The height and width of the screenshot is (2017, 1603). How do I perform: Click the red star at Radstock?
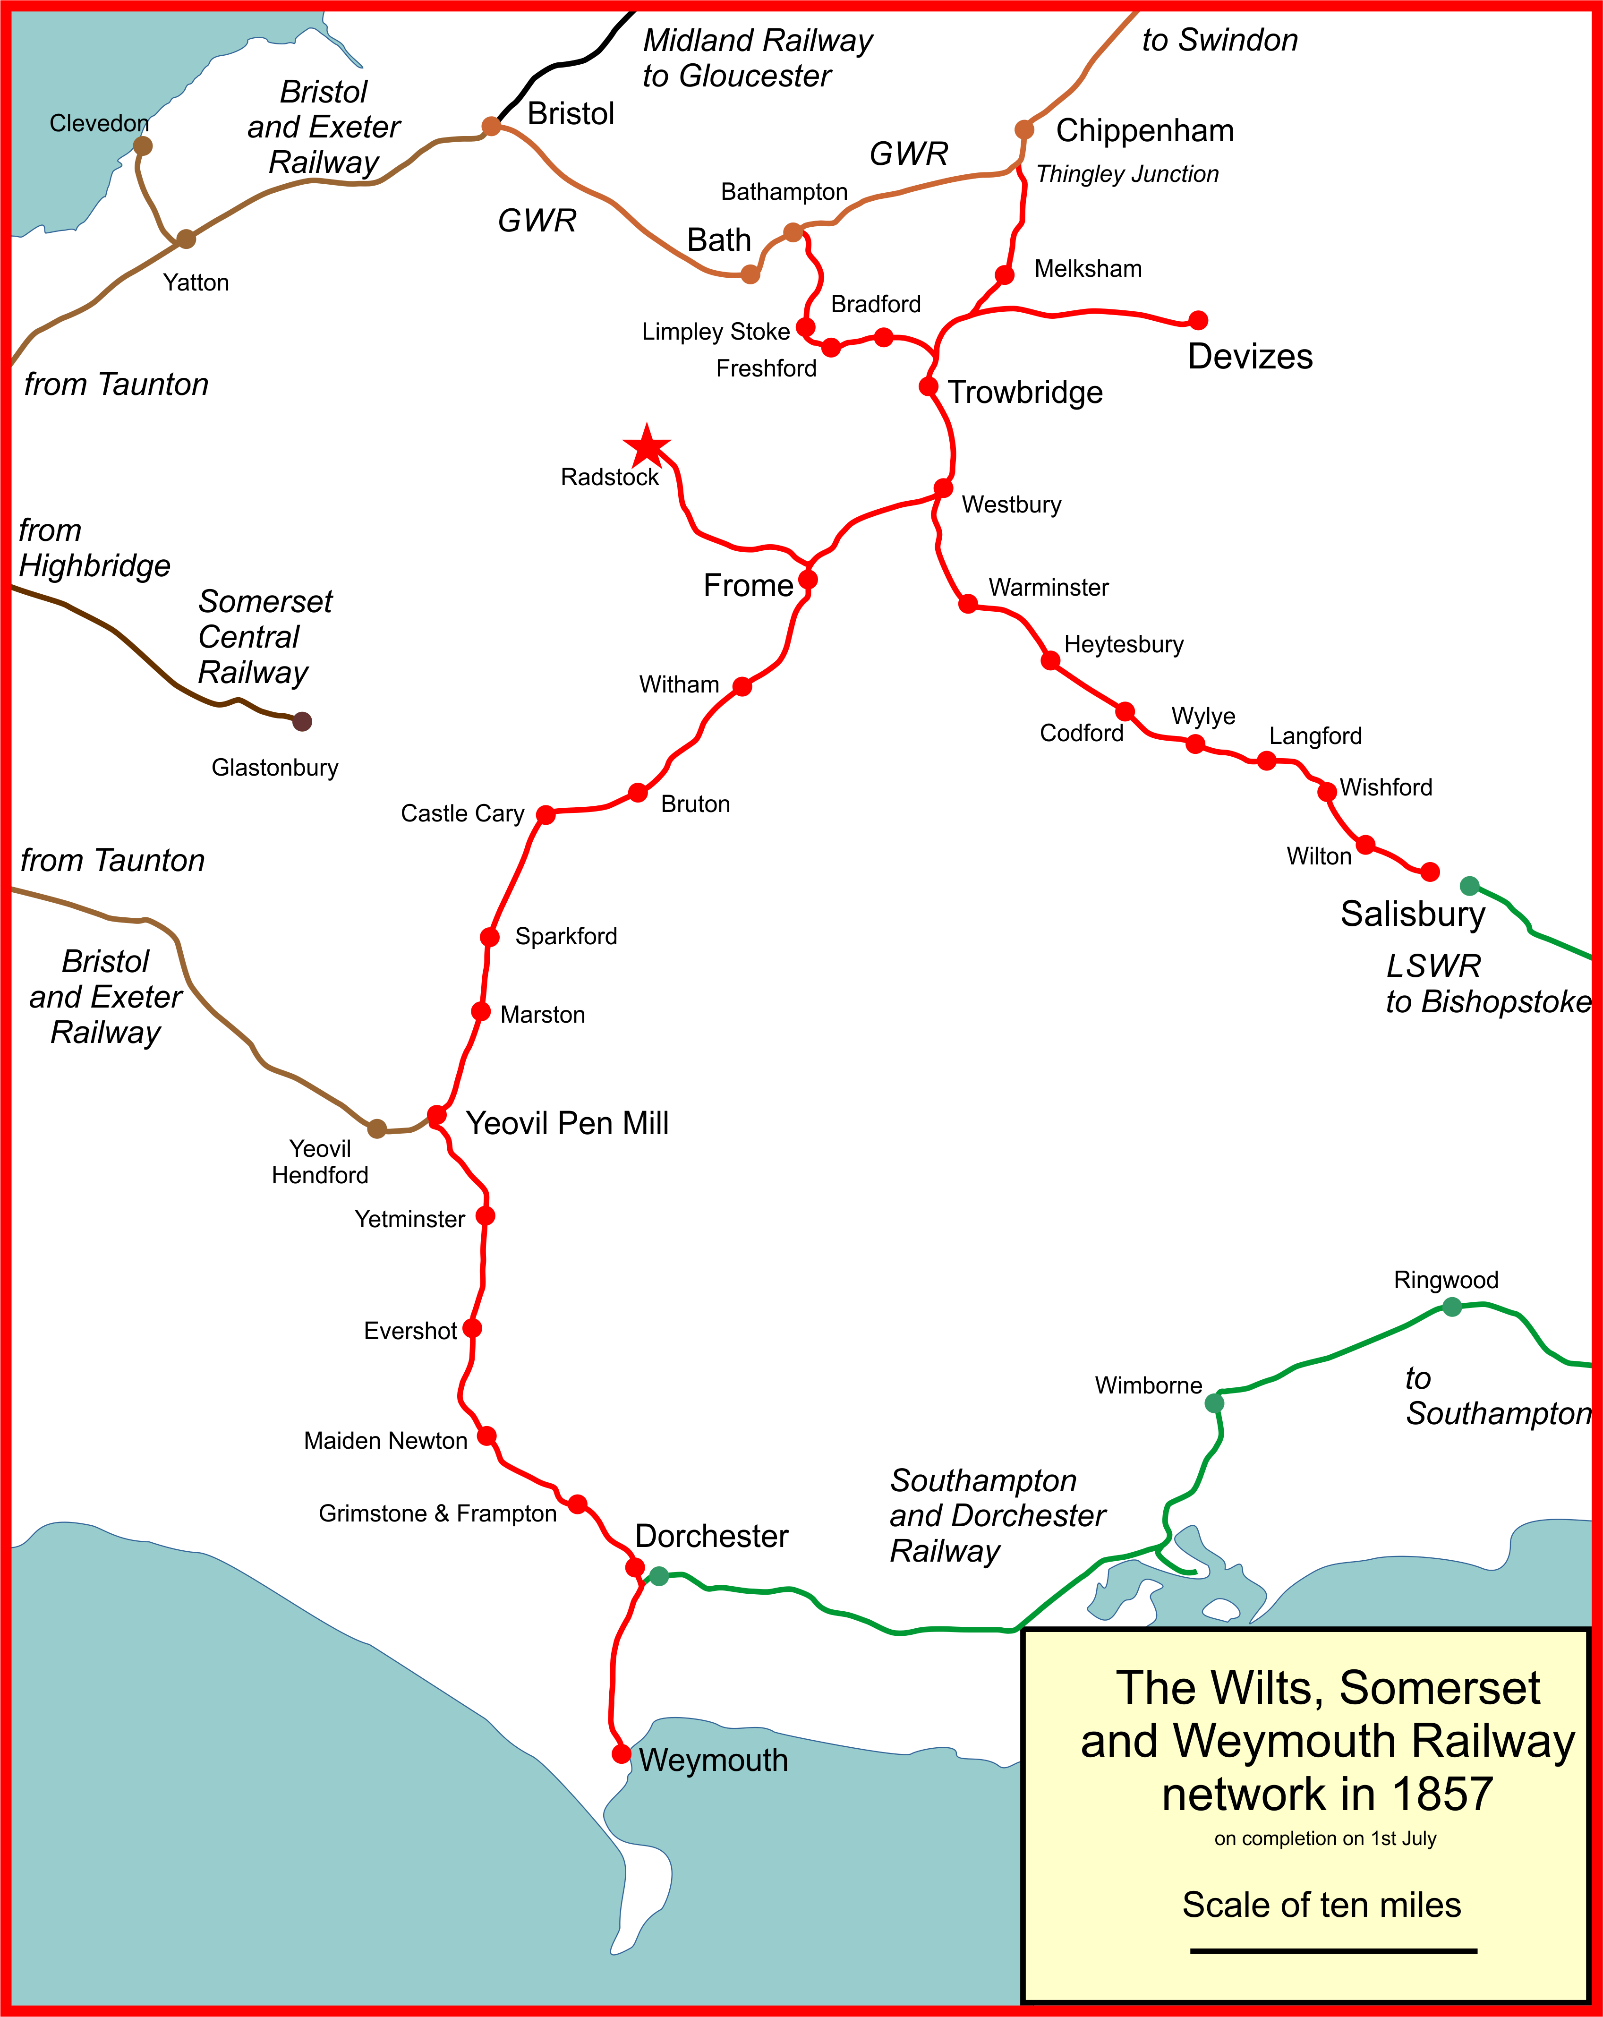[x=646, y=446]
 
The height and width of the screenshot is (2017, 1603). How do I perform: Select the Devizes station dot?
[x=1198, y=320]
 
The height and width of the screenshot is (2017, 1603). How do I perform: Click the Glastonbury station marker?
[x=301, y=721]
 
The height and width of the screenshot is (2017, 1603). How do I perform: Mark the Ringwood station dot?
[x=1451, y=1307]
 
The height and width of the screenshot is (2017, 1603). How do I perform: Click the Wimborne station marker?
[x=1214, y=1402]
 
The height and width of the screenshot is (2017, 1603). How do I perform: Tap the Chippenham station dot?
[x=1024, y=129]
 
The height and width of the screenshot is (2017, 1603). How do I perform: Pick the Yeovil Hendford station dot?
[x=376, y=1128]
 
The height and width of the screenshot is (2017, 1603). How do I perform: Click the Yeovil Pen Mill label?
[x=567, y=1123]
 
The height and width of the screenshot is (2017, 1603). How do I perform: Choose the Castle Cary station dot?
[x=545, y=815]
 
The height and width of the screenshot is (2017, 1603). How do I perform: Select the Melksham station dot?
[x=1005, y=275]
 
